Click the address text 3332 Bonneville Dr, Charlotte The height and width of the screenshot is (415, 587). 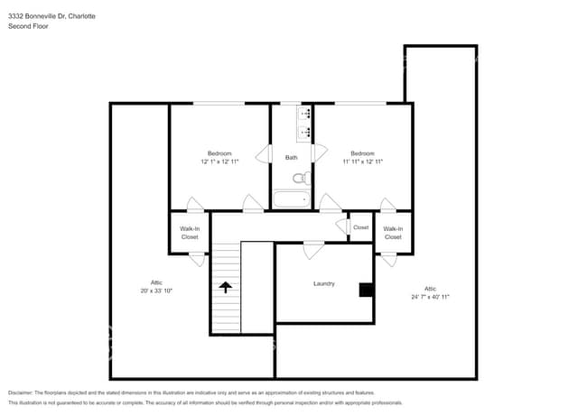coord(52,16)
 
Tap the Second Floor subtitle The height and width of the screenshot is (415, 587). coord(28,26)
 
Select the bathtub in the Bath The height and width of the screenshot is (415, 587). coord(292,199)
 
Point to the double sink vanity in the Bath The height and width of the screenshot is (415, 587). coord(304,124)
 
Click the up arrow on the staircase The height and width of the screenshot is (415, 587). coord(225,288)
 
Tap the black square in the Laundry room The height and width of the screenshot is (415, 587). coord(366,290)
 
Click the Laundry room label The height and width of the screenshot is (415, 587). coord(324,283)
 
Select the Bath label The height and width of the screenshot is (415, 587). coord(291,158)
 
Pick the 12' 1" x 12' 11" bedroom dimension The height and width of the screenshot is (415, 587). coord(219,161)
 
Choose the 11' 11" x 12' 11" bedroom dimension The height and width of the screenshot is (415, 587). coord(362,161)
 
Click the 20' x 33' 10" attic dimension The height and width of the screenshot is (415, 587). coord(156,291)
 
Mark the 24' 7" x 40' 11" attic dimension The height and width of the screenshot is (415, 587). coord(430,296)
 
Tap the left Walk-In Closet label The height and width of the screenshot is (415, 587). coord(190,233)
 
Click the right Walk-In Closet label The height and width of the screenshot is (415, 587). coord(393,233)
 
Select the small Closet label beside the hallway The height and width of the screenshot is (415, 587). coord(360,227)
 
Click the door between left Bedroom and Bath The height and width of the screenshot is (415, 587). coord(264,154)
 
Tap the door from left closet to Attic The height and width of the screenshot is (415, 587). coord(197,259)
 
